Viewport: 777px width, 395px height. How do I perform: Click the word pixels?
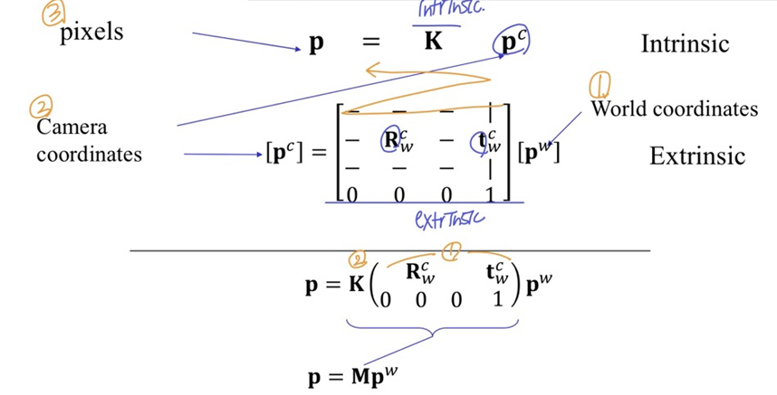pyautogui.click(x=91, y=33)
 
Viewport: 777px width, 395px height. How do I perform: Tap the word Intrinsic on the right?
pyautogui.click(x=685, y=43)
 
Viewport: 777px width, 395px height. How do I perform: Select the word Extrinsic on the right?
pyautogui.click(x=697, y=155)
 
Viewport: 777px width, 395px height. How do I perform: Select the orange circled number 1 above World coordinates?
pyautogui.click(x=600, y=86)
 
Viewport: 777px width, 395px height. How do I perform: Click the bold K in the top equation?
pyautogui.click(x=433, y=42)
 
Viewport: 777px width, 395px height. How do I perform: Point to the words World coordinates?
pyautogui.click(x=674, y=109)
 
